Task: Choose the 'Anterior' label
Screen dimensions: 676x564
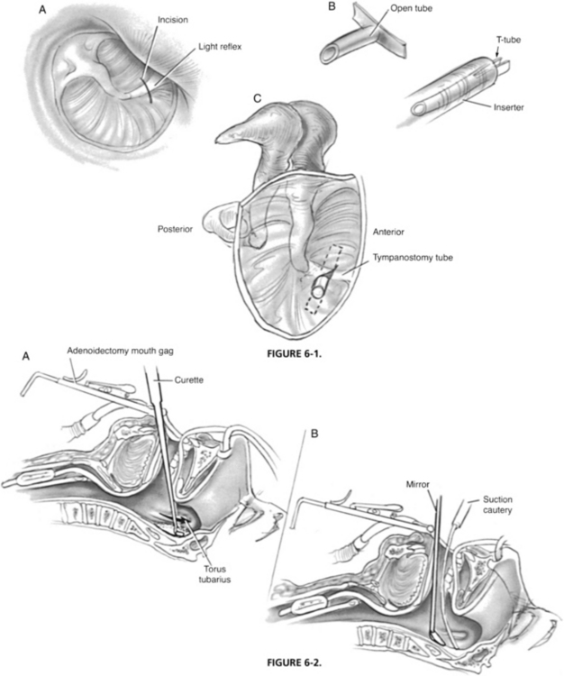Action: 386,229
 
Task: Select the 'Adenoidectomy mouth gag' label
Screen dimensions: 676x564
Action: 120,350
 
